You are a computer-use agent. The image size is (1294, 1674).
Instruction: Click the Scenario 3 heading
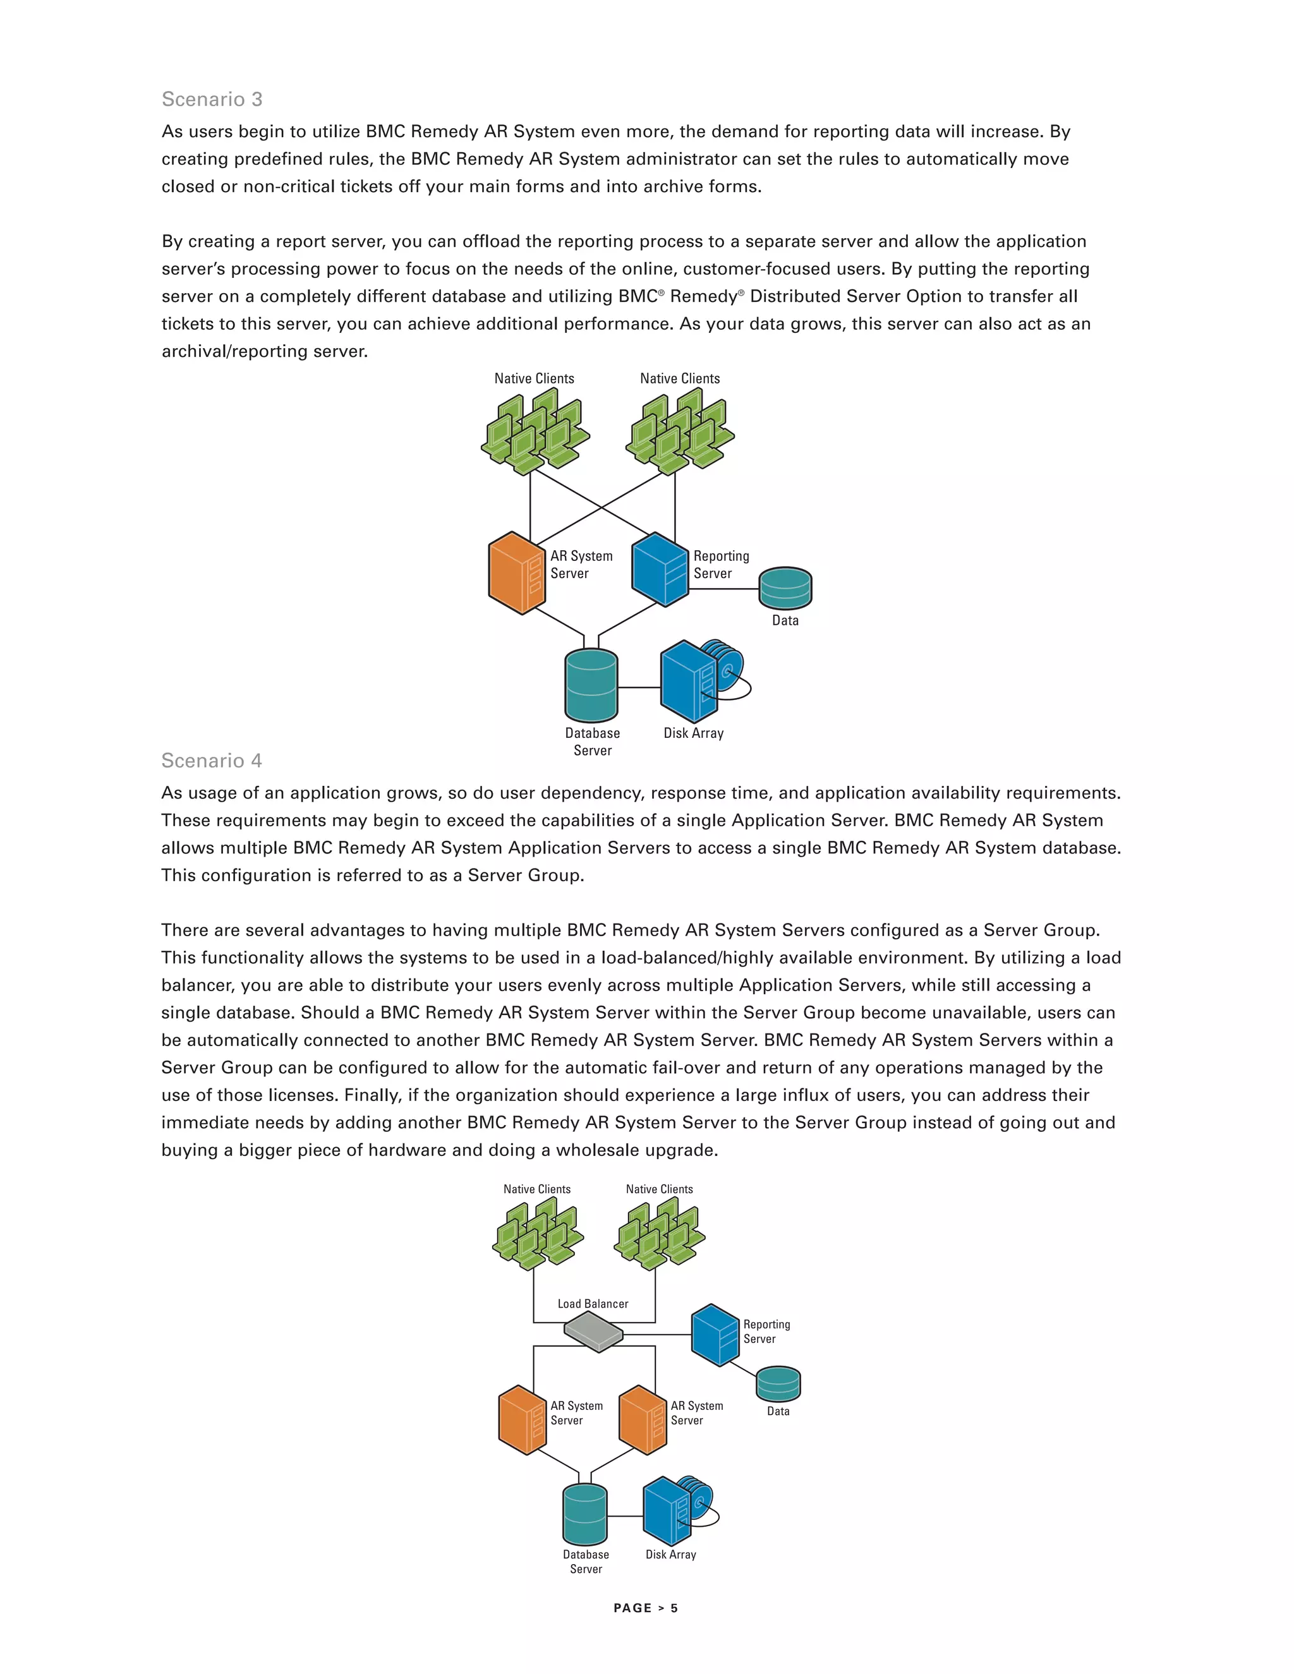coord(212,100)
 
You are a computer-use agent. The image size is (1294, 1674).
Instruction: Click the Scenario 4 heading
coord(212,761)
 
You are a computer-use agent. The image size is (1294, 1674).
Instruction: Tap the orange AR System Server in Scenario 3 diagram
coord(517,574)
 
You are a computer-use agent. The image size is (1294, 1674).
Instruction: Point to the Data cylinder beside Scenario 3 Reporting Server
coord(785,589)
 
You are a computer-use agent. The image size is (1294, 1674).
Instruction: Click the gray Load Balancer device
coord(593,1332)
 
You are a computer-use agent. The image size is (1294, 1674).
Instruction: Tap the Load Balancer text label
coord(593,1304)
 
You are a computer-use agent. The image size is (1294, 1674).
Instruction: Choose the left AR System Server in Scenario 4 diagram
coord(522,1419)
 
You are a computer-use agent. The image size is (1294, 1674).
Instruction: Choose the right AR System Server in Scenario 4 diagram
coord(643,1419)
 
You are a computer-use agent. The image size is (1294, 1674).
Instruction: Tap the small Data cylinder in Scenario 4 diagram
coord(778,1383)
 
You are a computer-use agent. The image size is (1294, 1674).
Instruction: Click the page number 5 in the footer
coord(675,1608)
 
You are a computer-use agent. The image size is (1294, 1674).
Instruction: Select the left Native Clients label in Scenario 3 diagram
coord(535,378)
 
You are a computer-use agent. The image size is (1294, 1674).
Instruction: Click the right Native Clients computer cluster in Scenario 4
coord(659,1232)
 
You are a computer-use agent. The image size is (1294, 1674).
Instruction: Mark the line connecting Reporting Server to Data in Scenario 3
coord(723,589)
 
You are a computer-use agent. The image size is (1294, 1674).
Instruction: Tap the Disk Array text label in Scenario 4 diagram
coord(671,1555)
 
